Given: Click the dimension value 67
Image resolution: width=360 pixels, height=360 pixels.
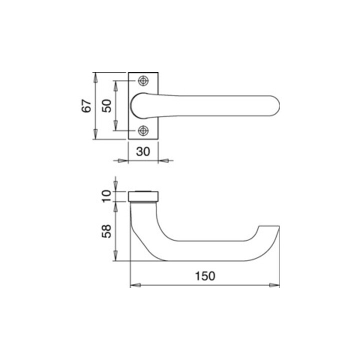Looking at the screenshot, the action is tap(86, 106).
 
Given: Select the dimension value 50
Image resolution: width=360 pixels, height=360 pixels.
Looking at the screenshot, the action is tap(107, 106).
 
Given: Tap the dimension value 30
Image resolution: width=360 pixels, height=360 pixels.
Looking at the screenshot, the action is tap(143, 151).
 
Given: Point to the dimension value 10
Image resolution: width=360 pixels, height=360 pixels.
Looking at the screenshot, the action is tap(106, 196).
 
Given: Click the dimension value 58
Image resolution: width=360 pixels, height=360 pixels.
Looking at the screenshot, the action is tap(106, 231).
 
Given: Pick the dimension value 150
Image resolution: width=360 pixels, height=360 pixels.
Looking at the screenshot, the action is tap(205, 276).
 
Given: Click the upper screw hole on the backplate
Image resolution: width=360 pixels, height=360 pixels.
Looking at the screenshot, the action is tap(143, 81).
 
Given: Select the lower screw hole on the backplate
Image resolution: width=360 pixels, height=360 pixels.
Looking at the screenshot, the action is tap(143, 130).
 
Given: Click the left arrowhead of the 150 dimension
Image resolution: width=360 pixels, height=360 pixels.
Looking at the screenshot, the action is tap(135, 285).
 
